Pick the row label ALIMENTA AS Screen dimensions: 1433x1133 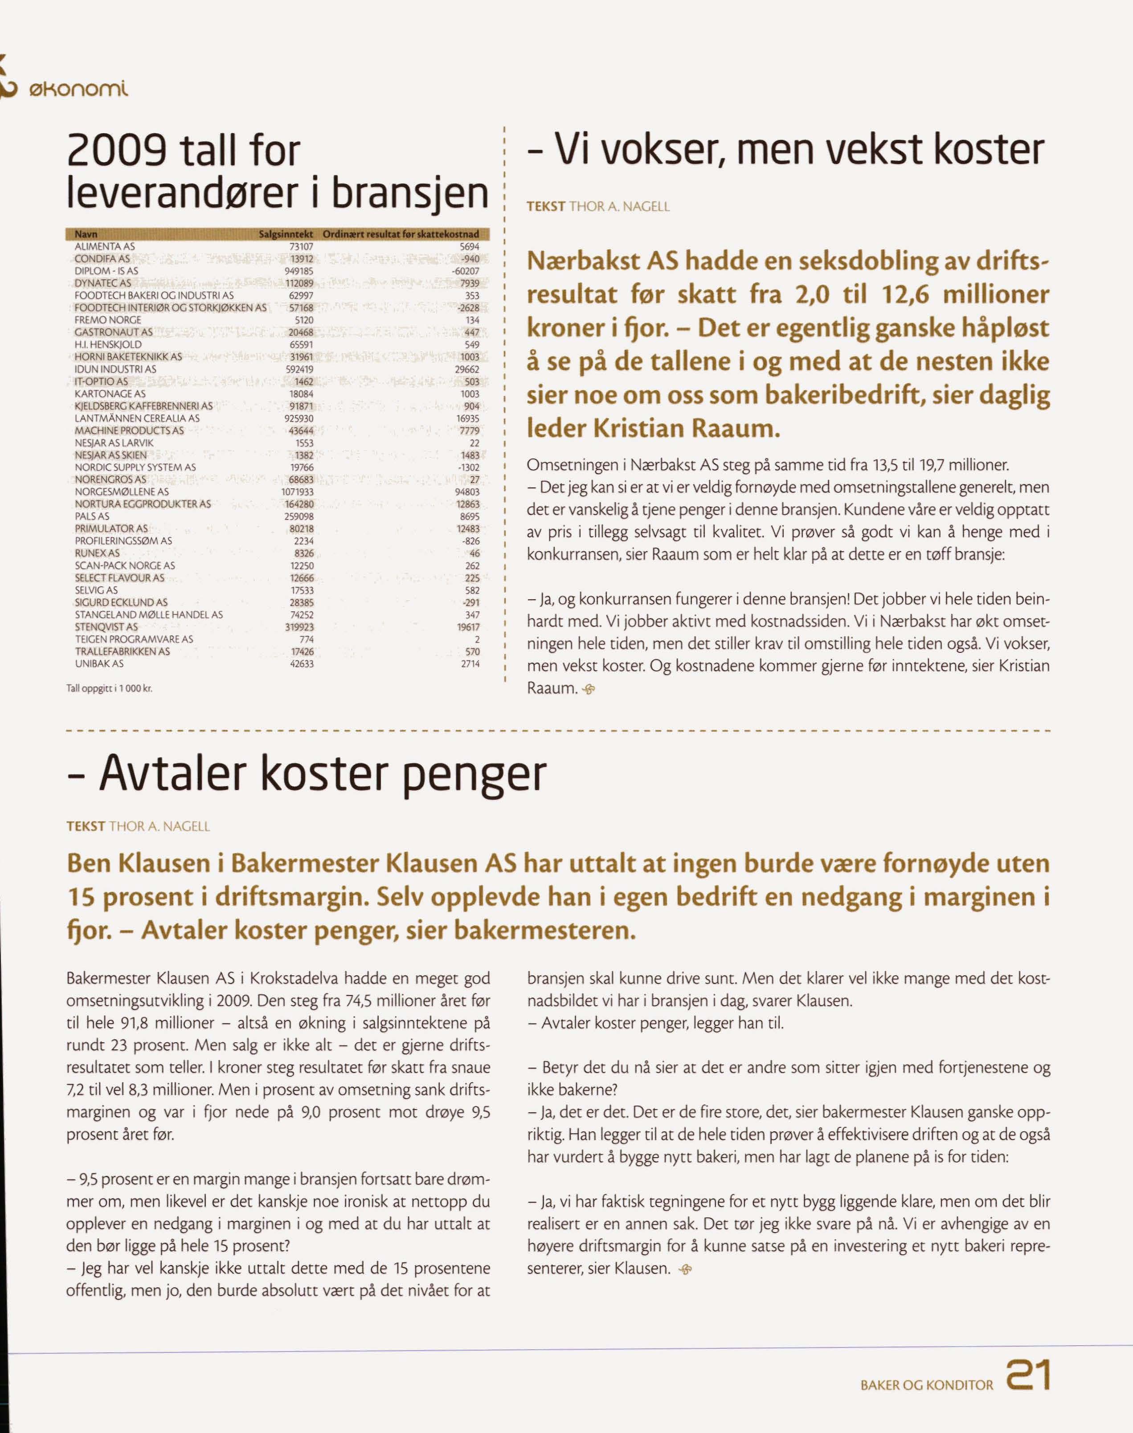click(105, 246)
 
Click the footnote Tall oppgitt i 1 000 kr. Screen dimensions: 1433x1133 click(110, 688)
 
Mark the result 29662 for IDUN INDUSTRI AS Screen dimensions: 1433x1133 click(468, 369)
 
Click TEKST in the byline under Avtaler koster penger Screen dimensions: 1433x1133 click(86, 826)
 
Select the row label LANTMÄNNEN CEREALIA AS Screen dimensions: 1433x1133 click(137, 418)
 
